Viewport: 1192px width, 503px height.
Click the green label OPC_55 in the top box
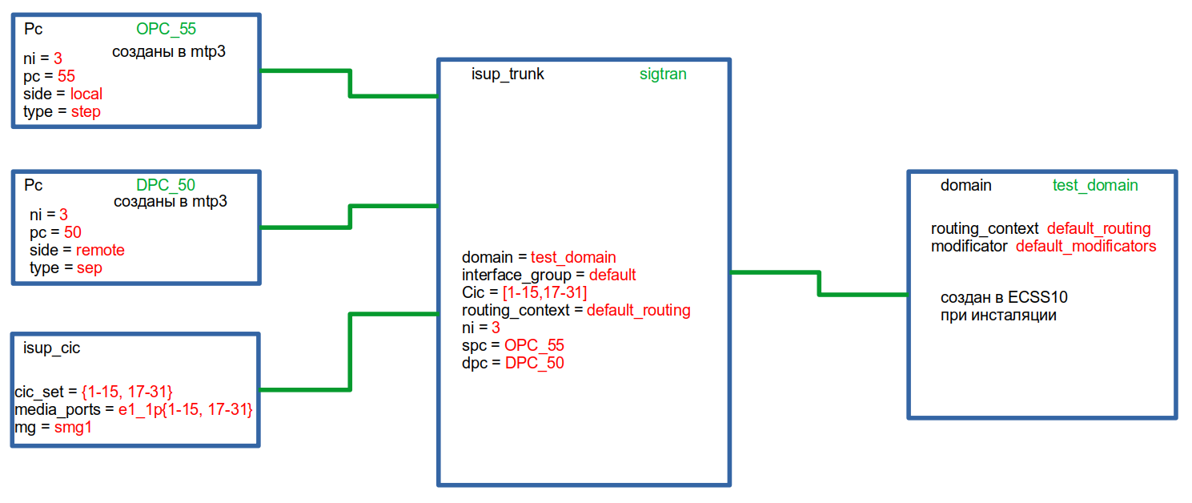pyautogui.click(x=166, y=30)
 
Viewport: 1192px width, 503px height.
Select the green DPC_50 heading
pyautogui.click(x=166, y=185)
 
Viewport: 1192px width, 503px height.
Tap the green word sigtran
pyautogui.click(x=663, y=74)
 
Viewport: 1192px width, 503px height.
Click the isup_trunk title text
pyautogui.click(x=508, y=74)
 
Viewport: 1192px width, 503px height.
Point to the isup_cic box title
pyautogui.click(x=52, y=348)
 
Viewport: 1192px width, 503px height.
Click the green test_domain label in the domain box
pyautogui.click(x=1094, y=185)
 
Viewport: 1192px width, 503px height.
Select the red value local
pyautogui.click(x=86, y=94)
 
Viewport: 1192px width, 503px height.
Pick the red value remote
pyautogui.click(x=100, y=250)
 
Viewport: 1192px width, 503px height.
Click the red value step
pyautogui.click(x=86, y=111)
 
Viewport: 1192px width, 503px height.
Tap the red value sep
pyautogui.click(x=90, y=268)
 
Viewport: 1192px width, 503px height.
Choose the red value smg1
pyautogui.click(x=73, y=428)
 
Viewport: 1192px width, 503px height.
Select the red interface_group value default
pyautogui.click(x=612, y=275)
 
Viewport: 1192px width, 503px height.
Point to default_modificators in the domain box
pyautogui.click(x=1086, y=246)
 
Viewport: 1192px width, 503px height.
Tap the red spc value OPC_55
pyautogui.click(x=534, y=345)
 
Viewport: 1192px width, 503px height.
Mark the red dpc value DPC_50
pyautogui.click(x=534, y=363)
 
